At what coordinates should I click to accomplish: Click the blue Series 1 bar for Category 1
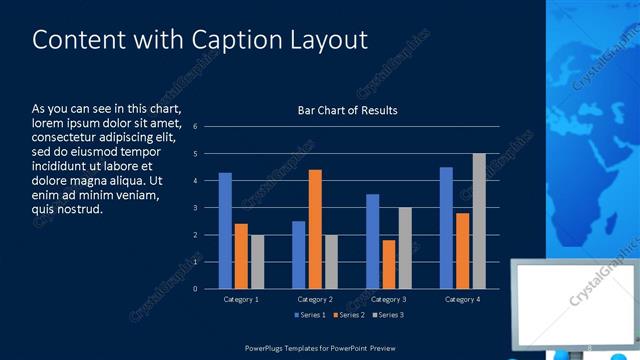click(x=225, y=231)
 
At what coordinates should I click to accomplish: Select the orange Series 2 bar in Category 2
click(x=315, y=229)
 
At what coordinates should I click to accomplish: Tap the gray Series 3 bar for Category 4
click(x=479, y=221)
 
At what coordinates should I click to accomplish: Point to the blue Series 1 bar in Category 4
click(x=446, y=228)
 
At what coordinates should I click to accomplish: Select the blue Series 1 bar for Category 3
click(x=372, y=241)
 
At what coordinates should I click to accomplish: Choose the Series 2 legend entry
click(x=348, y=315)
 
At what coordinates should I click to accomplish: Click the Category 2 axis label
click(x=315, y=299)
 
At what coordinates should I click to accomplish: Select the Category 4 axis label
click(x=462, y=299)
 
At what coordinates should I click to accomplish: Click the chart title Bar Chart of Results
click(x=347, y=110)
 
